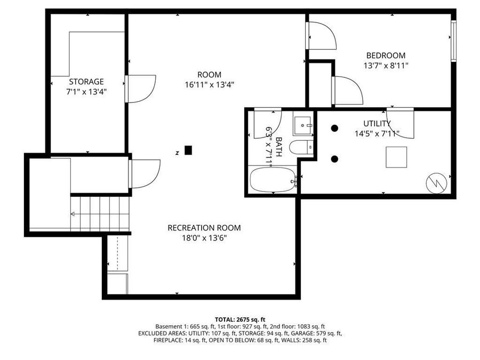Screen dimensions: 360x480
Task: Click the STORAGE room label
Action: (x=86, y=82)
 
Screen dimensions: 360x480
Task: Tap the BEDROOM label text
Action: (x=385, y=55)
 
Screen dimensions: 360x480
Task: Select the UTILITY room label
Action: (x=377, y=124)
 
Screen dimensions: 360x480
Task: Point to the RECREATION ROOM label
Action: (x=204, y=228)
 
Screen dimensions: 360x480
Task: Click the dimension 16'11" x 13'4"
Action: (x=209, y=84)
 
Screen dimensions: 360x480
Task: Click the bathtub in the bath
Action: (x=273, y=180)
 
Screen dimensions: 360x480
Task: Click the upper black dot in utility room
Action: (x=334, y=128)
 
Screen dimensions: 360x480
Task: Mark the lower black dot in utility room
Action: (x=334, y=159)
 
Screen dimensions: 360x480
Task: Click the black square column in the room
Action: (x=188, y=150)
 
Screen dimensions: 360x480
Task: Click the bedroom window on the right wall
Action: (x=453, y=41)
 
